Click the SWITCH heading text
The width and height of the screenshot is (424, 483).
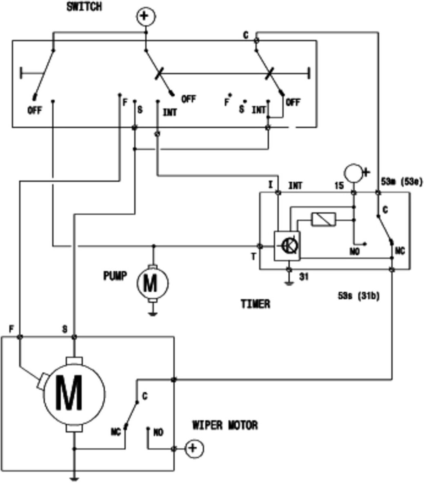click(84, 7)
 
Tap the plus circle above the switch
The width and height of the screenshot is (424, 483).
click(146, 16)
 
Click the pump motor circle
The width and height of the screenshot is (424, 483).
click(153, 283)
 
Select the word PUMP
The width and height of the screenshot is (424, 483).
click(115, 276)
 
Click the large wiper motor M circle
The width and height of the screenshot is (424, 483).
click(74, 394)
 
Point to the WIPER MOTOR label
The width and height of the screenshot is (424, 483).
click(225, 426)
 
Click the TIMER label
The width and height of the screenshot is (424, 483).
click(255, 304)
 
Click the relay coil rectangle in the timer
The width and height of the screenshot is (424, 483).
click(324, 220)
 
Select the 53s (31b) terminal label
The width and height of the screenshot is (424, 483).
click(359, 296)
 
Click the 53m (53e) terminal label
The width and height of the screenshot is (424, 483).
click(402, 182)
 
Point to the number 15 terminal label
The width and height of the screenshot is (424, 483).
click(339, 185)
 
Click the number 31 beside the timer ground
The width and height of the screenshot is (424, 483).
click(304, 277)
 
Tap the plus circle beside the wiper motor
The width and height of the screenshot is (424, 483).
click(194, 448)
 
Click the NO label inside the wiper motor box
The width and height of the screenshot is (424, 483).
click(158, 432)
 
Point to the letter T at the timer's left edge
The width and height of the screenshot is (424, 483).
click(253, 256)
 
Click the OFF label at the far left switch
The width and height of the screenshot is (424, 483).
click(35, 110)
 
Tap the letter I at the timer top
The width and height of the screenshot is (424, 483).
click(271, 185)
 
